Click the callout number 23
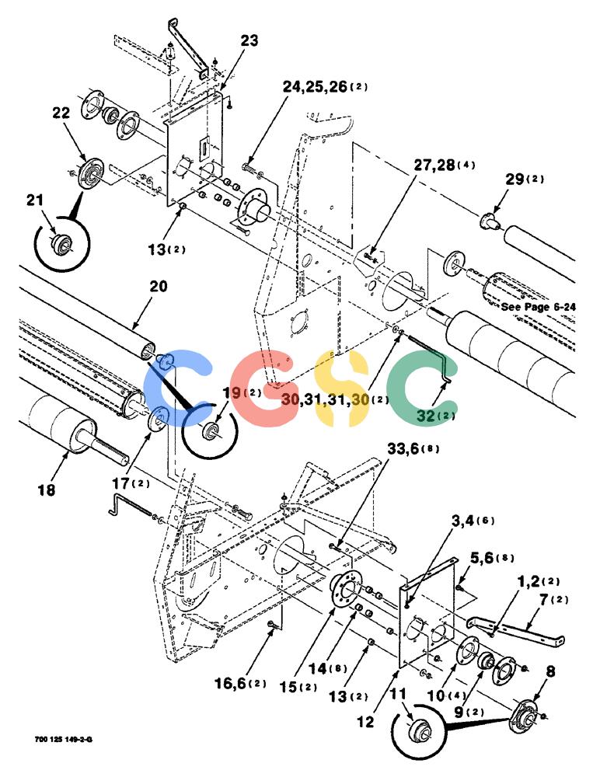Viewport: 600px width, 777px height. pyautogui.click(x=249, y=40)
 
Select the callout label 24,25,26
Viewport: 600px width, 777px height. pyautogui.click(x=315, y=87)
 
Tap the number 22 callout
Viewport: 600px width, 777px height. pyautogui.click(x=61, y=113)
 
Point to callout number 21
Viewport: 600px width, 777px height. pyautogui.click(x=35, y=200)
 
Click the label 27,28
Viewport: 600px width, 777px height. pyautogui.click(x=434, y=165)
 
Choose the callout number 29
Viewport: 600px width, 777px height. pyautogui.click(x=515, y=179)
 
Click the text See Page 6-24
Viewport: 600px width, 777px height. pyautogui.click(x=539, y=307)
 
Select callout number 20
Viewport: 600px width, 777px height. pyautogui.click(x=159, y=287)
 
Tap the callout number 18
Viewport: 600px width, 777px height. pyautogui.click(x=47, y=490)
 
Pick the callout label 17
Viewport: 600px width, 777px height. pyautogui.click(x=120, y=483)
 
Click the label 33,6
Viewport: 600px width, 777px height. pyautogui.click(x=403, y=449)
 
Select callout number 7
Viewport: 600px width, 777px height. pyautogui.click(x=545, y=600)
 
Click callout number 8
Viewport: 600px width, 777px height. pyautogui.click(x=550, y=671)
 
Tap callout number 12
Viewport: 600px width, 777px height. pyautogui.click(x=365, y=722)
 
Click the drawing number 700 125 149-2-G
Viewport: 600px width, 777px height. pyautogui.click(x=64, y=740)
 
